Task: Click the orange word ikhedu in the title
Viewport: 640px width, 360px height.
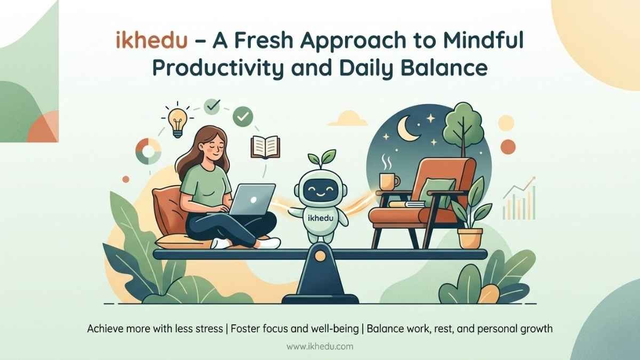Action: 151,41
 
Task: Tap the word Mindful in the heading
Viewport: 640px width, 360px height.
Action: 483,40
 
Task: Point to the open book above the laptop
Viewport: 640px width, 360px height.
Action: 265,147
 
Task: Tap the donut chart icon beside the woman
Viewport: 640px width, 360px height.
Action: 148,151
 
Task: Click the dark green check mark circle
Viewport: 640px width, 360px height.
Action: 243,116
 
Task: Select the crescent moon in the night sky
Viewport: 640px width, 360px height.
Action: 407,129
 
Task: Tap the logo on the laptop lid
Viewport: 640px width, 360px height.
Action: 253,200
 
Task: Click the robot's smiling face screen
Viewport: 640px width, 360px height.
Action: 321,190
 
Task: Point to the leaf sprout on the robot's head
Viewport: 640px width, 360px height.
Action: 322,159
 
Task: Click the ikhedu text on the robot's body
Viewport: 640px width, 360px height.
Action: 321,218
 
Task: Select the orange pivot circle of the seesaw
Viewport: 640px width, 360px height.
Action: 320,255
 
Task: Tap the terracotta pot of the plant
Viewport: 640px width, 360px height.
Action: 470,238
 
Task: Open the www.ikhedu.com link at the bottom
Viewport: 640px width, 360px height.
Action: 319,347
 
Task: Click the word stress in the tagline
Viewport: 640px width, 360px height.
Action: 209,329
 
